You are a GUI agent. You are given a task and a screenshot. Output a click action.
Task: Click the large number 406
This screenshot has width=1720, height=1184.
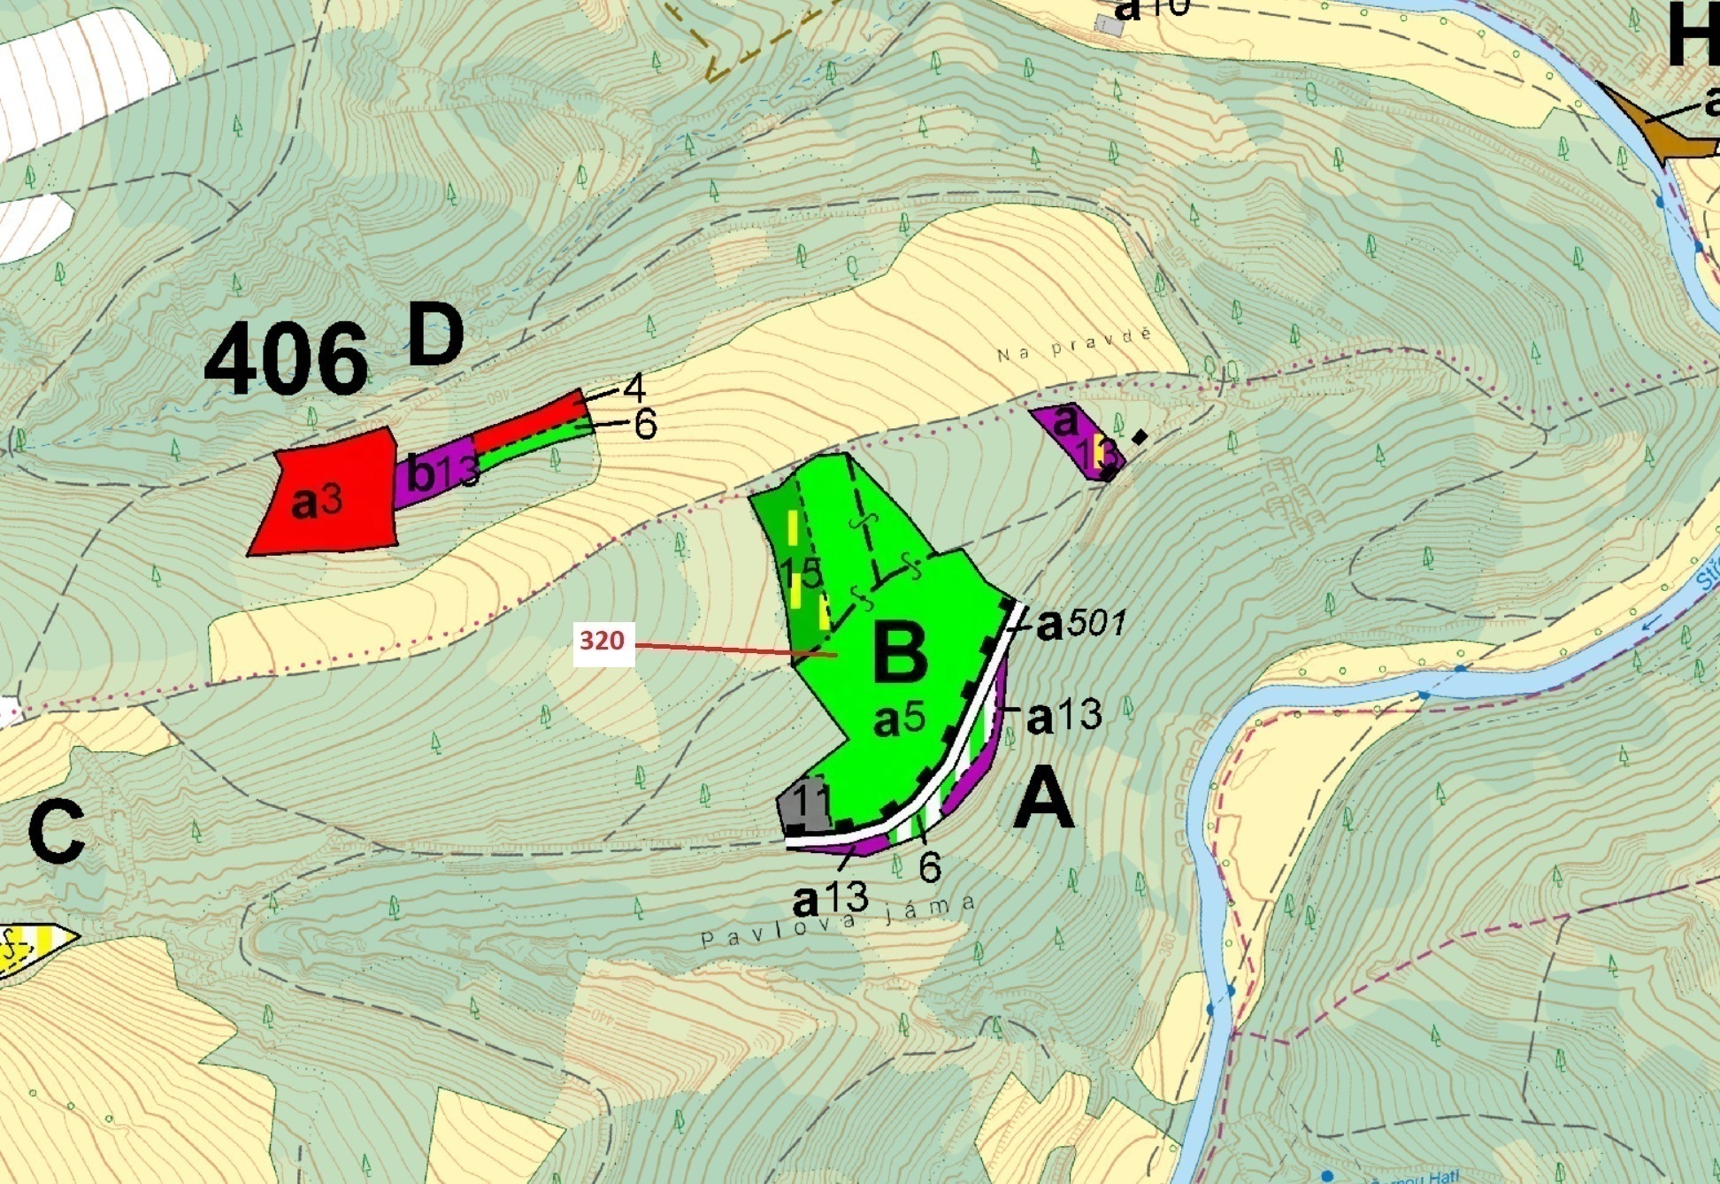coord(285,358)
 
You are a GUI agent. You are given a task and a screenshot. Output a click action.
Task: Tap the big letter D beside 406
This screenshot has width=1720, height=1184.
coord(435,335)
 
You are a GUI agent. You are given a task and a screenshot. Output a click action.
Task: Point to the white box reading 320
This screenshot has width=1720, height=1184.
coord(603,641)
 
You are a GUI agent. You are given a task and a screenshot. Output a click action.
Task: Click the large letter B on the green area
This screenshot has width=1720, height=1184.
coord(900,654)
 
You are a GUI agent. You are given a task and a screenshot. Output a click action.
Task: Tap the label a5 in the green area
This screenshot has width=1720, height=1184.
coord(899,720)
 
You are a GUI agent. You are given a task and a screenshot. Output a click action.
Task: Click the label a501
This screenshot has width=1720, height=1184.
coord(1080,624)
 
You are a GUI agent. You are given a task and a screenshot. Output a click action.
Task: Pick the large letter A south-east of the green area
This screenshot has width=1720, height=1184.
coord(1044,799)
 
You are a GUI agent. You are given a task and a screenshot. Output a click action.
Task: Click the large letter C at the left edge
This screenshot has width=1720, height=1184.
coord(56,834)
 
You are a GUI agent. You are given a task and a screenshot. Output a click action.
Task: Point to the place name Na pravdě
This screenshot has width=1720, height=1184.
coord(1075,345)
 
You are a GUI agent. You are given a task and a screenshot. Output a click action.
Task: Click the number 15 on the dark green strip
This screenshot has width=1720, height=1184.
coord(802,573)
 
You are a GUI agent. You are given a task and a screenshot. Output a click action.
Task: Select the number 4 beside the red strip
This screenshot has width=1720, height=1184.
coord(633,388)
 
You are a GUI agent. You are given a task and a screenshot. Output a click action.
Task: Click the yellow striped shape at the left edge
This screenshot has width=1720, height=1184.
coord(31,949)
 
